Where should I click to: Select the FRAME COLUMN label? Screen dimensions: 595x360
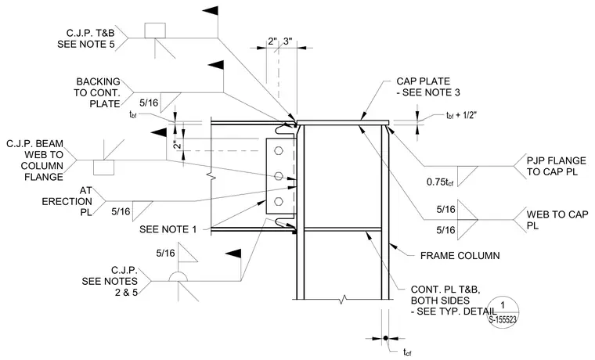[x=460, y=256]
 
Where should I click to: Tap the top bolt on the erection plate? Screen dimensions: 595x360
[x=279, y=150]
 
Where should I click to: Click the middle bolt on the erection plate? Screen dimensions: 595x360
[x=279, y=175]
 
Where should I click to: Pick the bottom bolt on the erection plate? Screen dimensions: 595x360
[x=279, y=201]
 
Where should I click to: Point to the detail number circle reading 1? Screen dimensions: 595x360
[x=503, y=311]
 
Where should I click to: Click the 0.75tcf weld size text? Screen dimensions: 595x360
[x=440, y=182]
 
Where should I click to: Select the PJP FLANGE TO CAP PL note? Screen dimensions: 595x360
[x=557, y=166]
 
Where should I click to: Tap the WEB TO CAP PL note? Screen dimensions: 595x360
[x=557, y=220]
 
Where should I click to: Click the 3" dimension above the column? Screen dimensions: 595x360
[x=287, y=41]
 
